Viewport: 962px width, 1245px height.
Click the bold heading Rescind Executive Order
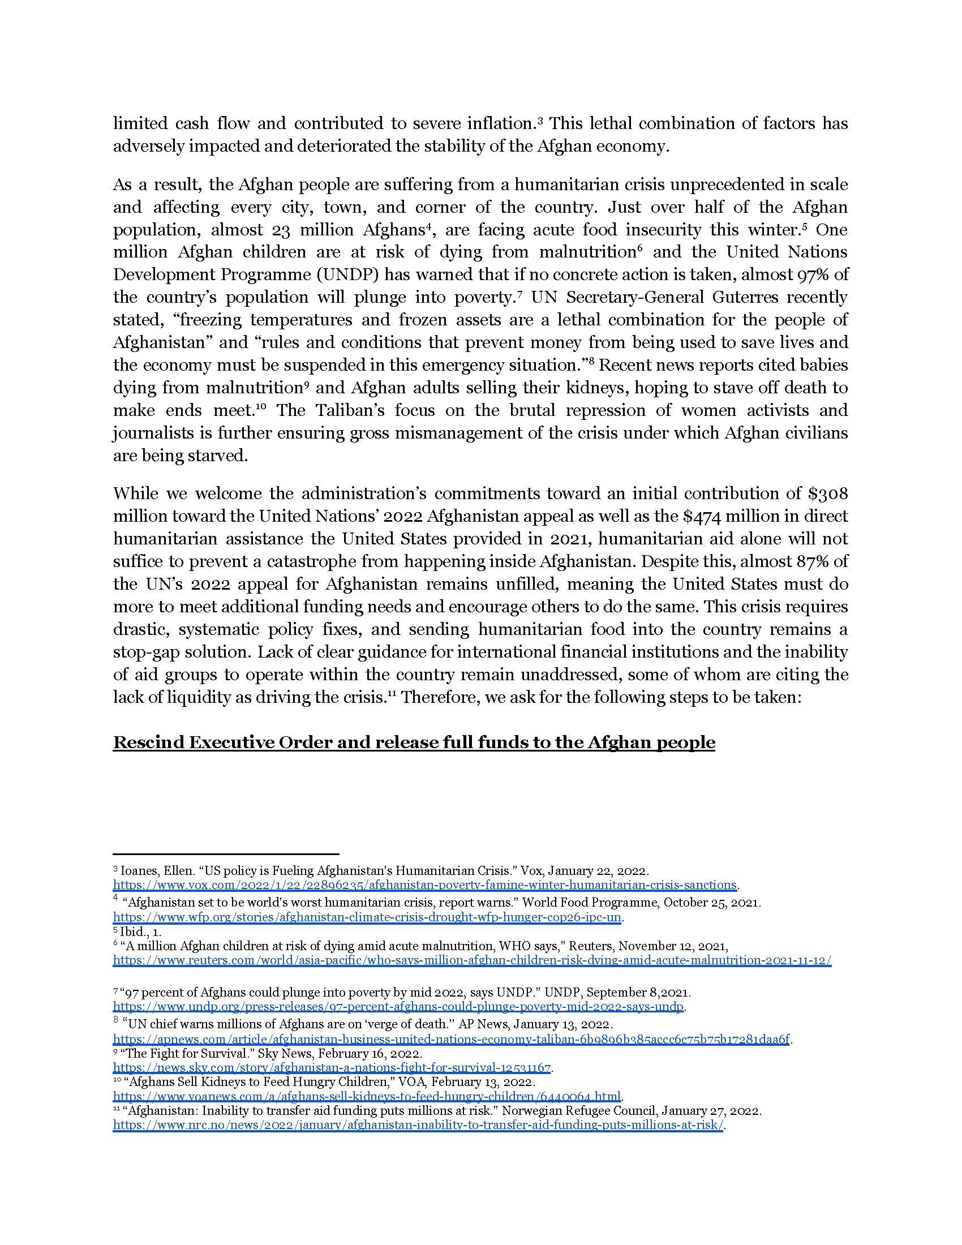(414, 742)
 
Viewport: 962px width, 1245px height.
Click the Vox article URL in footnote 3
(425, 885)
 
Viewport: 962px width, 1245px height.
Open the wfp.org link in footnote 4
(368, 917)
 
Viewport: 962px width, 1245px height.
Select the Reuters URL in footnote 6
(472, 960)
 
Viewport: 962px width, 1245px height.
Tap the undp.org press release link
(398, 1007)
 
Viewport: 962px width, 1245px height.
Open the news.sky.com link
(332, 1067)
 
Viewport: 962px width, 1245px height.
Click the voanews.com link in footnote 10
(367, 1096)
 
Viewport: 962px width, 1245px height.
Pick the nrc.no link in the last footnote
(418, 1125)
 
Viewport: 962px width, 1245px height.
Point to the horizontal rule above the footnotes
(226, 853)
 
